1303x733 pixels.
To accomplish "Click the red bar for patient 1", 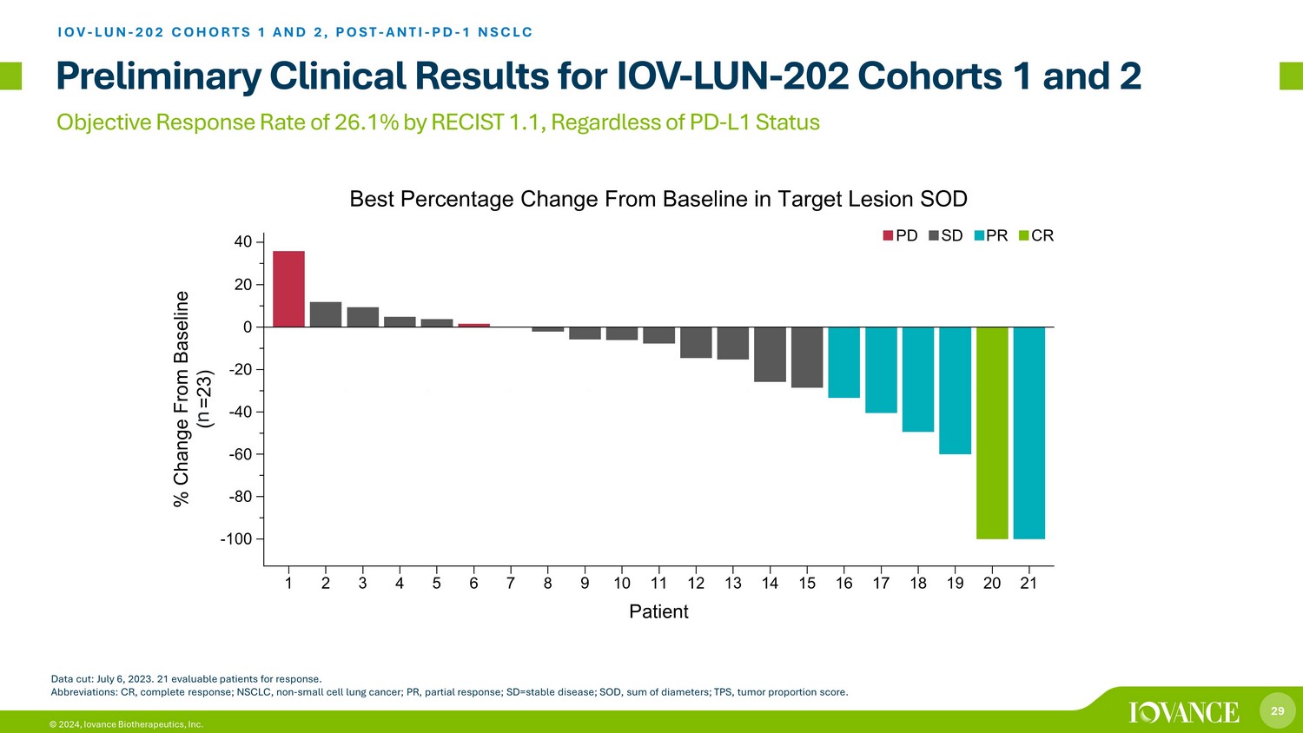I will click(x=288, y=289).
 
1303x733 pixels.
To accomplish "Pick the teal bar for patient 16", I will click(x=843, y=362).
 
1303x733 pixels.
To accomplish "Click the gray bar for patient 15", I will click(x=807, y=357).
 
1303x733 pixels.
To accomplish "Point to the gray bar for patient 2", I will click(x=326, y=314).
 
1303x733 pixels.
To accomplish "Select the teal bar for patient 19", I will click(x=955, y=390).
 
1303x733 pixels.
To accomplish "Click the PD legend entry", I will click(x=900, y=235).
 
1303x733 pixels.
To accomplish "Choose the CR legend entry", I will click(x=1035, y=235).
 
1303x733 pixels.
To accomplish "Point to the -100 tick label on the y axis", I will click(x=235, y=539).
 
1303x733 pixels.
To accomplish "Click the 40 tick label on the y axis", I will click(x=242, y=242).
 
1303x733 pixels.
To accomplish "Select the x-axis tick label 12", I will click(x=696, y=584).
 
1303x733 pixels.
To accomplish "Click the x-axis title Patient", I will click(x=658, y=611).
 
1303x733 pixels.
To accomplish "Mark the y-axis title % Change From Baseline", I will click(x=181, y=399).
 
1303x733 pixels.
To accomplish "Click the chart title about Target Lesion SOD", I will click(x=658, y=199).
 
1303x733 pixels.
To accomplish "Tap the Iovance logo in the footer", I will click(x=1184, y=712).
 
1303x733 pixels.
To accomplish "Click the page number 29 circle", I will click(x=1277, y=711).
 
